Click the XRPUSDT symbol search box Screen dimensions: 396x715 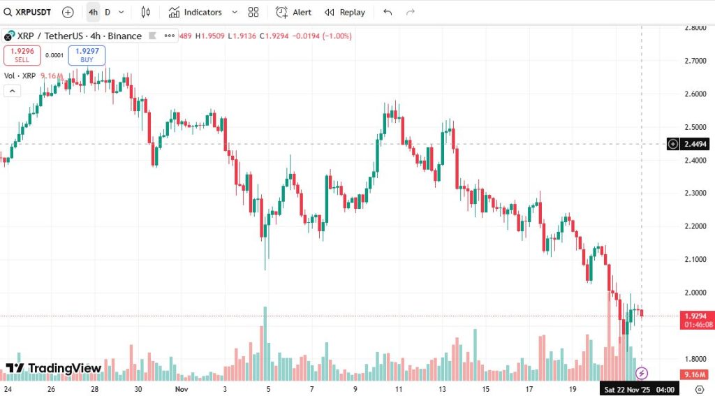point(33,12)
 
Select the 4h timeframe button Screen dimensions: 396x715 point(93,12)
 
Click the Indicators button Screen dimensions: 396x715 point(195,12)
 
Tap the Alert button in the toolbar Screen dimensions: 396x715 point(294,12)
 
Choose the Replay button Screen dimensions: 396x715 point(345,12)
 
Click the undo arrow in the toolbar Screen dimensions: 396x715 point(388,12)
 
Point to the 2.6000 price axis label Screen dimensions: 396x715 point(695,94)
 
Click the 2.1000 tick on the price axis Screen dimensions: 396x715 point(695,259)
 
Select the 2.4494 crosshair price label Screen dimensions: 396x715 point(695,144)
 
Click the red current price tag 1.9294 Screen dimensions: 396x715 point(695,316)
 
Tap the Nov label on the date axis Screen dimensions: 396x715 point(182,388)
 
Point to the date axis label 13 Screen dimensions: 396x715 point(442,388)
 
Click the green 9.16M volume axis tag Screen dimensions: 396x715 point(695,374)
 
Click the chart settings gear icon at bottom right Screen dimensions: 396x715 point(700,388)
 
